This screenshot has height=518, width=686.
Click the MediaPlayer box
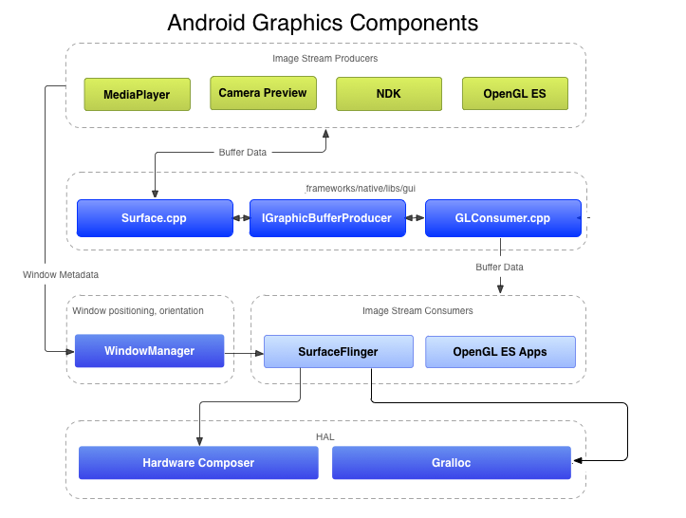point(137,94)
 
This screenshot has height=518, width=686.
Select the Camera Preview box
point(262,93)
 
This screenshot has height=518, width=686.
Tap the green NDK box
point(388,94)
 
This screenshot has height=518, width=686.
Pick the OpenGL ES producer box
point(514,94)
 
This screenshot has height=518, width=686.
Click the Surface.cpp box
point(154,218)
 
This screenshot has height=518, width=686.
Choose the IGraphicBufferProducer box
point(326,218)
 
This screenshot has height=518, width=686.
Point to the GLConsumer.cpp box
point(502,218)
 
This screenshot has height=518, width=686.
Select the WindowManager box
point(149,351)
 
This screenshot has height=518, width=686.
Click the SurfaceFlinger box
point(338,351)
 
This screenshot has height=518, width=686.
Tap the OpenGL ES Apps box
point(500,351)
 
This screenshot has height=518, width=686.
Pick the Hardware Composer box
point(198,463)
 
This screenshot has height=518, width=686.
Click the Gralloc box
point(451,463)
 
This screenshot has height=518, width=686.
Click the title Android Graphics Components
point(323,22)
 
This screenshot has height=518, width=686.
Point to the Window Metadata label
point(61,274)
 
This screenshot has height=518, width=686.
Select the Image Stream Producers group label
point(324,59)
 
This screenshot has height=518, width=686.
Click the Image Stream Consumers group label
point(417,310)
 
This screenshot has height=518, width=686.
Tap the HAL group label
point(324,436)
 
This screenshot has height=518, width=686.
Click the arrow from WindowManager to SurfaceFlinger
point(244,352)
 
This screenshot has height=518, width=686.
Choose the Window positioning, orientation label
point(138,310)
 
